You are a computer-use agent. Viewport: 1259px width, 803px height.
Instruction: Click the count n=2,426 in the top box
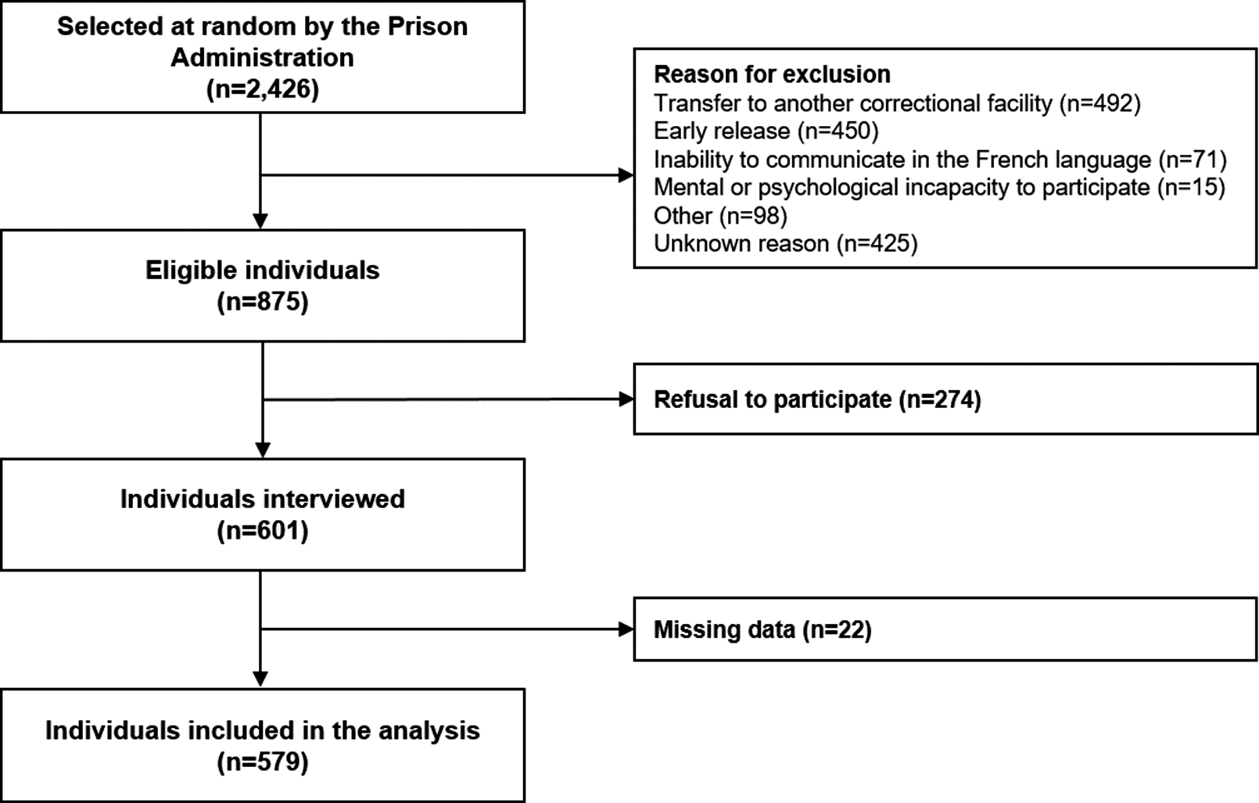tap(263, 89)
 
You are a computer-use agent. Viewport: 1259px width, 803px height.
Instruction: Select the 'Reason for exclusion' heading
tap(773, 74)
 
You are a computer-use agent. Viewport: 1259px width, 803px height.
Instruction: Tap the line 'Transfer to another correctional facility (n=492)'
tap(897, 103)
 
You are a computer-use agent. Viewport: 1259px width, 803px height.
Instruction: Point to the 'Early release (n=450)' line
tap(766, 131)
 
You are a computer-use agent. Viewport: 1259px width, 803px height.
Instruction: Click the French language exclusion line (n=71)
tap(940, 160)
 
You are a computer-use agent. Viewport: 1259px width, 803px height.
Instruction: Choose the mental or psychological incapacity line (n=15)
tap(940, 188)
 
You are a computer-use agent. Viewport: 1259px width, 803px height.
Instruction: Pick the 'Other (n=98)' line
tap(720, 216)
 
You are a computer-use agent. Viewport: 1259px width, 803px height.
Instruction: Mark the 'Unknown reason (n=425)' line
tap(786, 244)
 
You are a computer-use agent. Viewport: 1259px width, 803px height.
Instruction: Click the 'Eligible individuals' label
tap(263, 271)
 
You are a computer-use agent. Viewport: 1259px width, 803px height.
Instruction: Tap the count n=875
tap(263, 302)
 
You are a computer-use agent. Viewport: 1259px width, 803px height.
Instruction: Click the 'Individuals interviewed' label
tap(263, 499)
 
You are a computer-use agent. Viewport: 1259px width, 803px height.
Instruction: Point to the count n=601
tap(263, 530)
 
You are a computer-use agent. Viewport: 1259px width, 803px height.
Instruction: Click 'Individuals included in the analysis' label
tap(263, 730)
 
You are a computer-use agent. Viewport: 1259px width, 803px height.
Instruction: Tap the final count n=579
tap(263, 762)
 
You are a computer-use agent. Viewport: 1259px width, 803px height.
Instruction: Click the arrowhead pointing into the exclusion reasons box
tap(626, 175)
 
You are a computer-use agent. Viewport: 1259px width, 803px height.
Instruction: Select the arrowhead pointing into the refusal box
tap(626, 399)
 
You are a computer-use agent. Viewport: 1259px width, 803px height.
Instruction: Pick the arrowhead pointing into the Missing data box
tap(626, 629)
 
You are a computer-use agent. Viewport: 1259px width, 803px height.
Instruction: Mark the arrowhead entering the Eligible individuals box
tap(260, 221)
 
